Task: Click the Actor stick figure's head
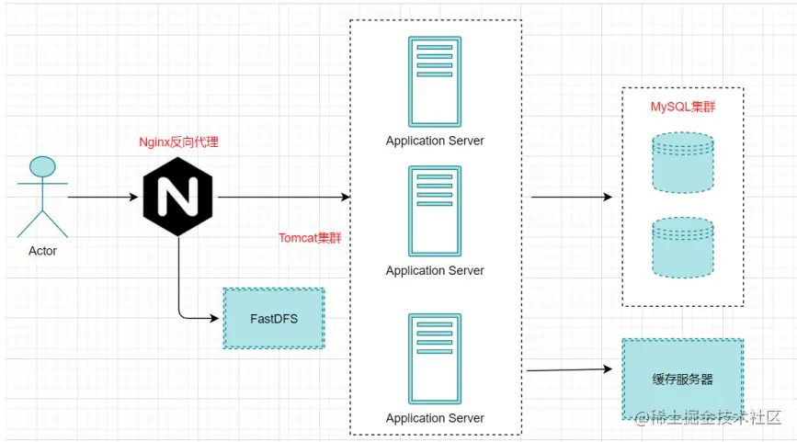click(x=42, y=166)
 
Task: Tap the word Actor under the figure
click(x=42, y=251)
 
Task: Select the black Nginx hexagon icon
click(x=178, y=197)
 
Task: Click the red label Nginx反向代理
click(x=179, y=142)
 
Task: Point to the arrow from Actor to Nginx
click(x=103, y=197)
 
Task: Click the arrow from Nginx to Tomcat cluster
click(x=284, y=197)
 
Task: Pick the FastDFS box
click(x=274, y=319)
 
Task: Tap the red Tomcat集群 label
click(x=310, y=238)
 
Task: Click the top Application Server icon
click(x=435, y=81)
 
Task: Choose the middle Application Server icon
click(x=435, y=210)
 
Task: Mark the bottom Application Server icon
click(x=435, y=358)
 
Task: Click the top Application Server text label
click(x=435, y=141)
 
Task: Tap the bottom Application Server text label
click(x=435, y=418)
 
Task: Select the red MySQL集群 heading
click(x=683, y=107)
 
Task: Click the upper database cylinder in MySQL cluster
click(x=683, y=163)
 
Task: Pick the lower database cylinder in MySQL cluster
click(x=683, y=248)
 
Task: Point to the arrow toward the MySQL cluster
click(x=572, y=197)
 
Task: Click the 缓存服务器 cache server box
click(x=683, y=379)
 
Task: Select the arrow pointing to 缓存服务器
click(x=569, y=369)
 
